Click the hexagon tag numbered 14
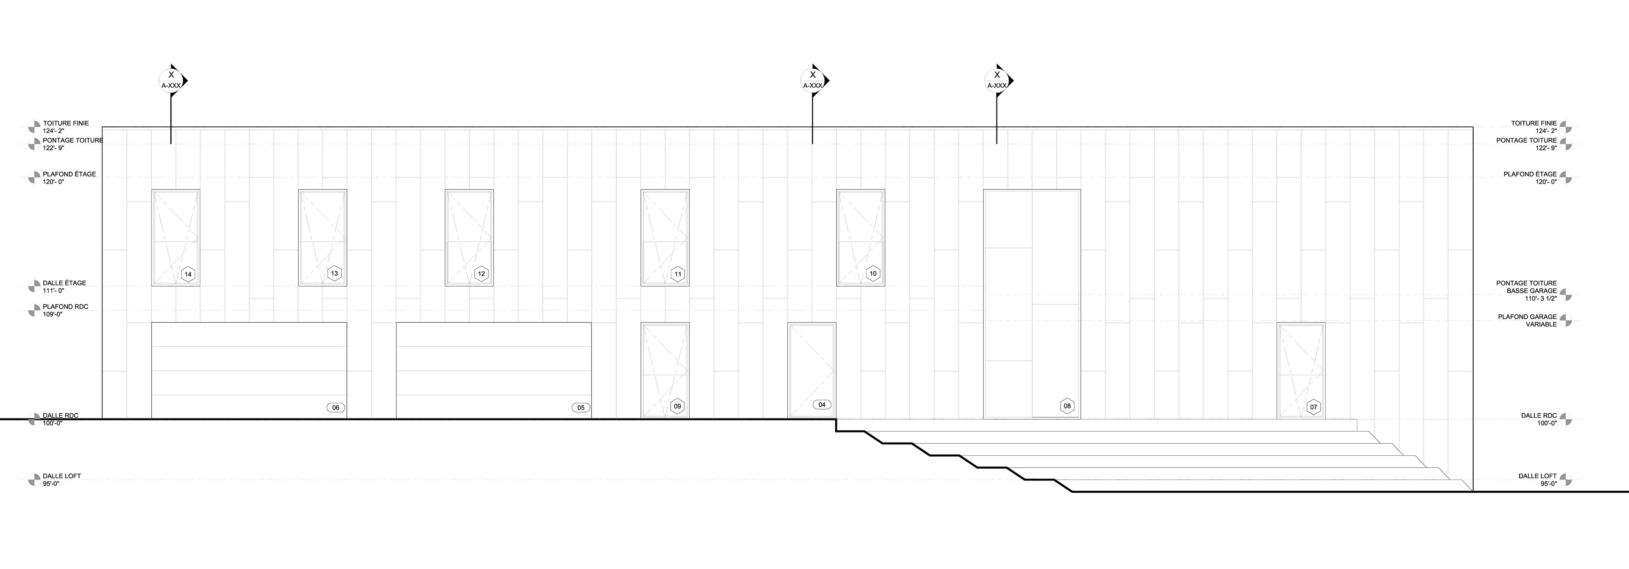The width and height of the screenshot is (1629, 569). (x=188, y=274)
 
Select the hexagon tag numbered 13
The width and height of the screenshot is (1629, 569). (x=335, y=274)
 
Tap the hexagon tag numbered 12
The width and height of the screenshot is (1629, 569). (x=481, y=274)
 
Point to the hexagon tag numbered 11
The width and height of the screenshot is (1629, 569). (x=678, y=274)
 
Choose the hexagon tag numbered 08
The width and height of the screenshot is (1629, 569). (x=1067, y=406)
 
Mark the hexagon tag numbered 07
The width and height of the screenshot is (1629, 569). (x=1313, y=407)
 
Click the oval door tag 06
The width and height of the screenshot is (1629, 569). (x=336, y=408)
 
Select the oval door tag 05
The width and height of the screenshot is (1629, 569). (x=580, y=408)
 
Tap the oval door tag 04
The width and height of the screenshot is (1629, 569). (x=821, y=404)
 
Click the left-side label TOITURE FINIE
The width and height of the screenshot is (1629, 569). (x=66, y=123)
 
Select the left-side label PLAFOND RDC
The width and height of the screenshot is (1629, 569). (x=66, y=307)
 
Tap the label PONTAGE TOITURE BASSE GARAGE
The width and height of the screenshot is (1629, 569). (x=1527, y=291)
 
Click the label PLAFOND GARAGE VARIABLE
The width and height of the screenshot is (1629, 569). (x=1527, y=321)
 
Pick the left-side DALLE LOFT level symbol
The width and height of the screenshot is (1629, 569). (x=34, y=480)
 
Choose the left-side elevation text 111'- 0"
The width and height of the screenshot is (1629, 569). (x=54, y=291)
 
